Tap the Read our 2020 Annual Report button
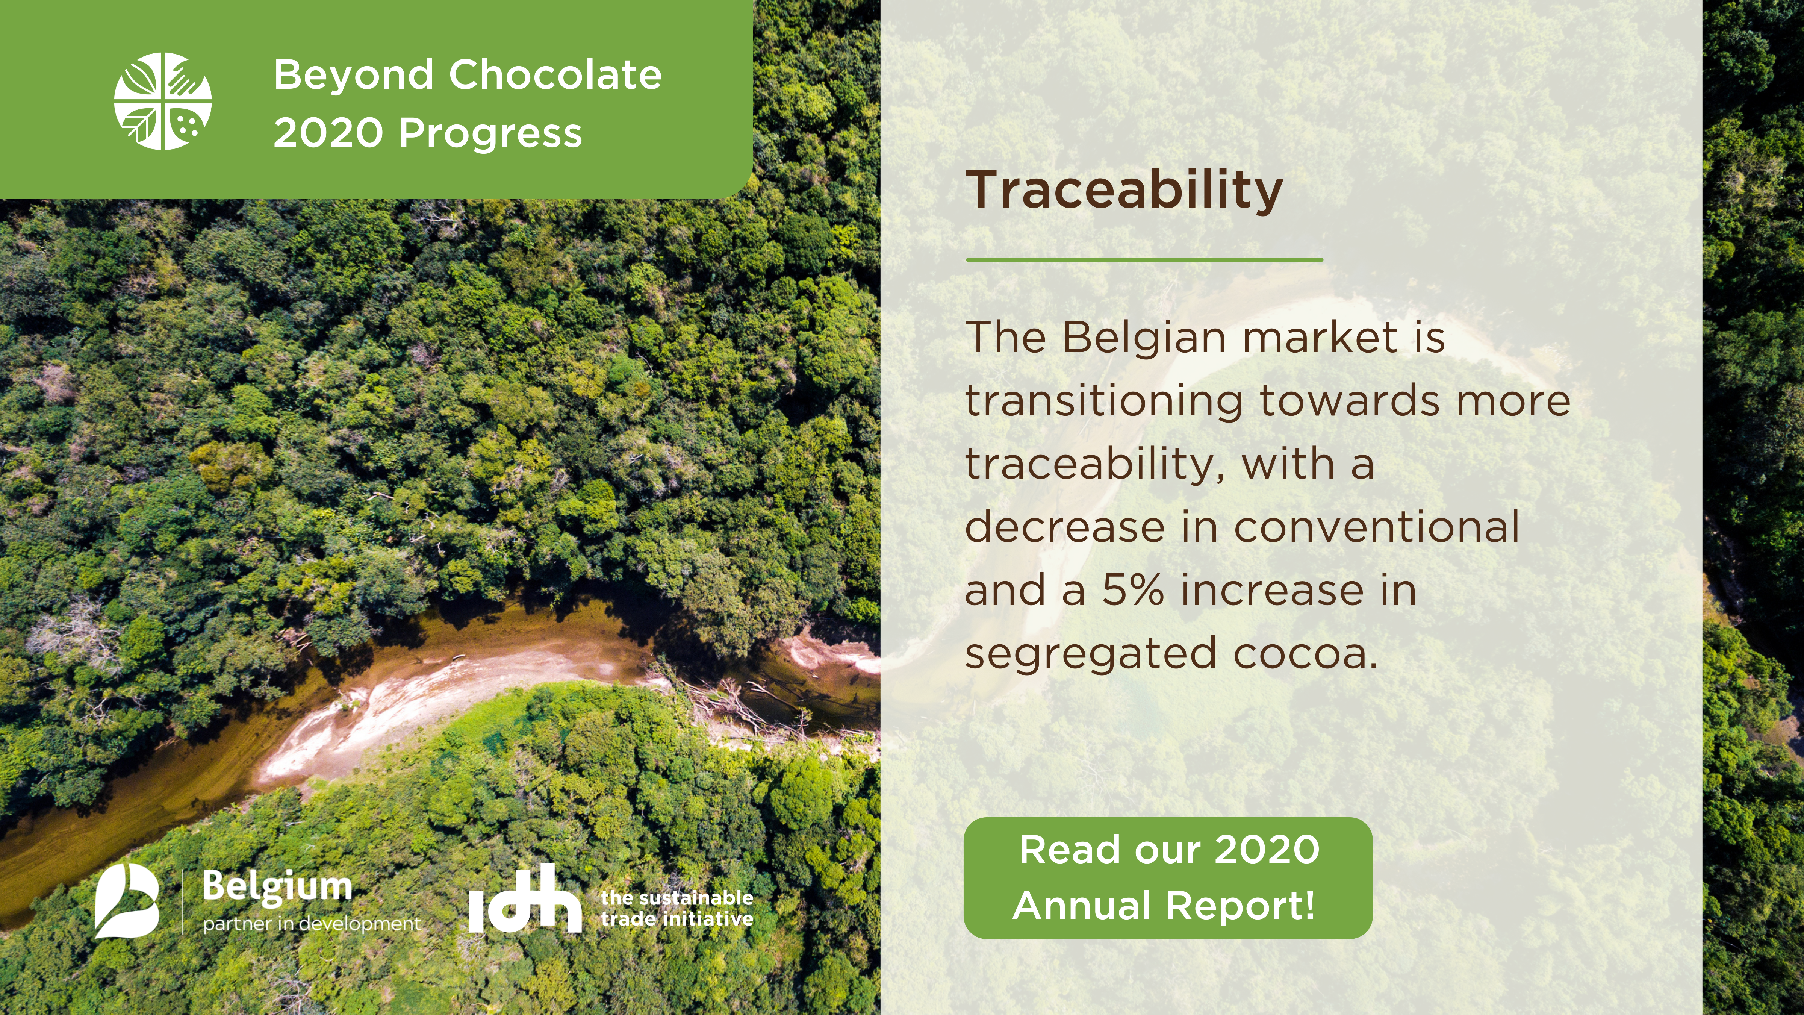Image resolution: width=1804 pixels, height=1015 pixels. (x=1167, y=878)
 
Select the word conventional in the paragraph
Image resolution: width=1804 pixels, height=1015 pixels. (x=1376, y=527)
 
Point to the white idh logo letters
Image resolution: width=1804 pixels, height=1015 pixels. (x=525, y=899)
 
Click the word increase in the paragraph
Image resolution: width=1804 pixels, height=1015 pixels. (x=1272, y=590)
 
